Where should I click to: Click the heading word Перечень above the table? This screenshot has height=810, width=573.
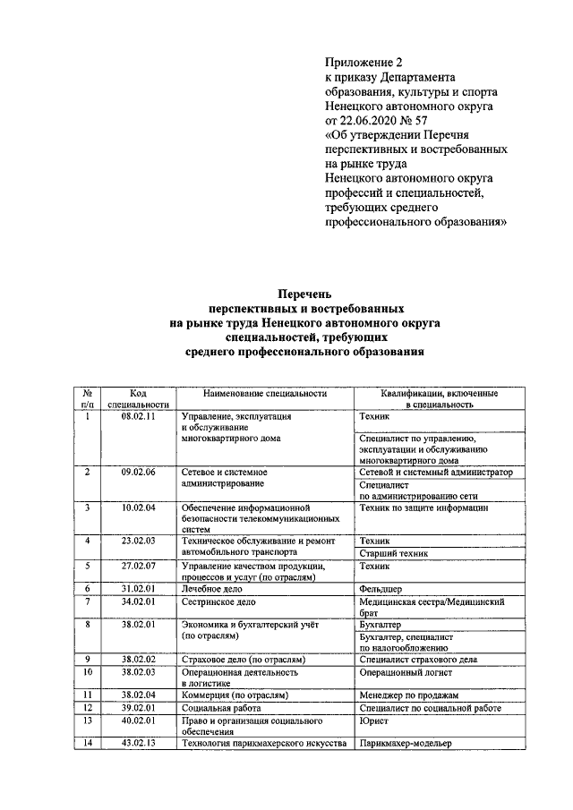coord(304,293)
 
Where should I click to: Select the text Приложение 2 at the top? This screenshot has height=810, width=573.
coord(363,62)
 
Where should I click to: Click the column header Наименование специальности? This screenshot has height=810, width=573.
coord(264,393)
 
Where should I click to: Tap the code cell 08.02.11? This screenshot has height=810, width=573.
coord(138,416)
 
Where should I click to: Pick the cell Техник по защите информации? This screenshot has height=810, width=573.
coord(423,507)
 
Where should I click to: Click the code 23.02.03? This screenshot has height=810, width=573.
coord(138,541)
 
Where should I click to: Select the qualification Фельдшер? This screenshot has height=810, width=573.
coord(381,588)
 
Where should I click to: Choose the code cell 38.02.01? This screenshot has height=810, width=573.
coord(138,624)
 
